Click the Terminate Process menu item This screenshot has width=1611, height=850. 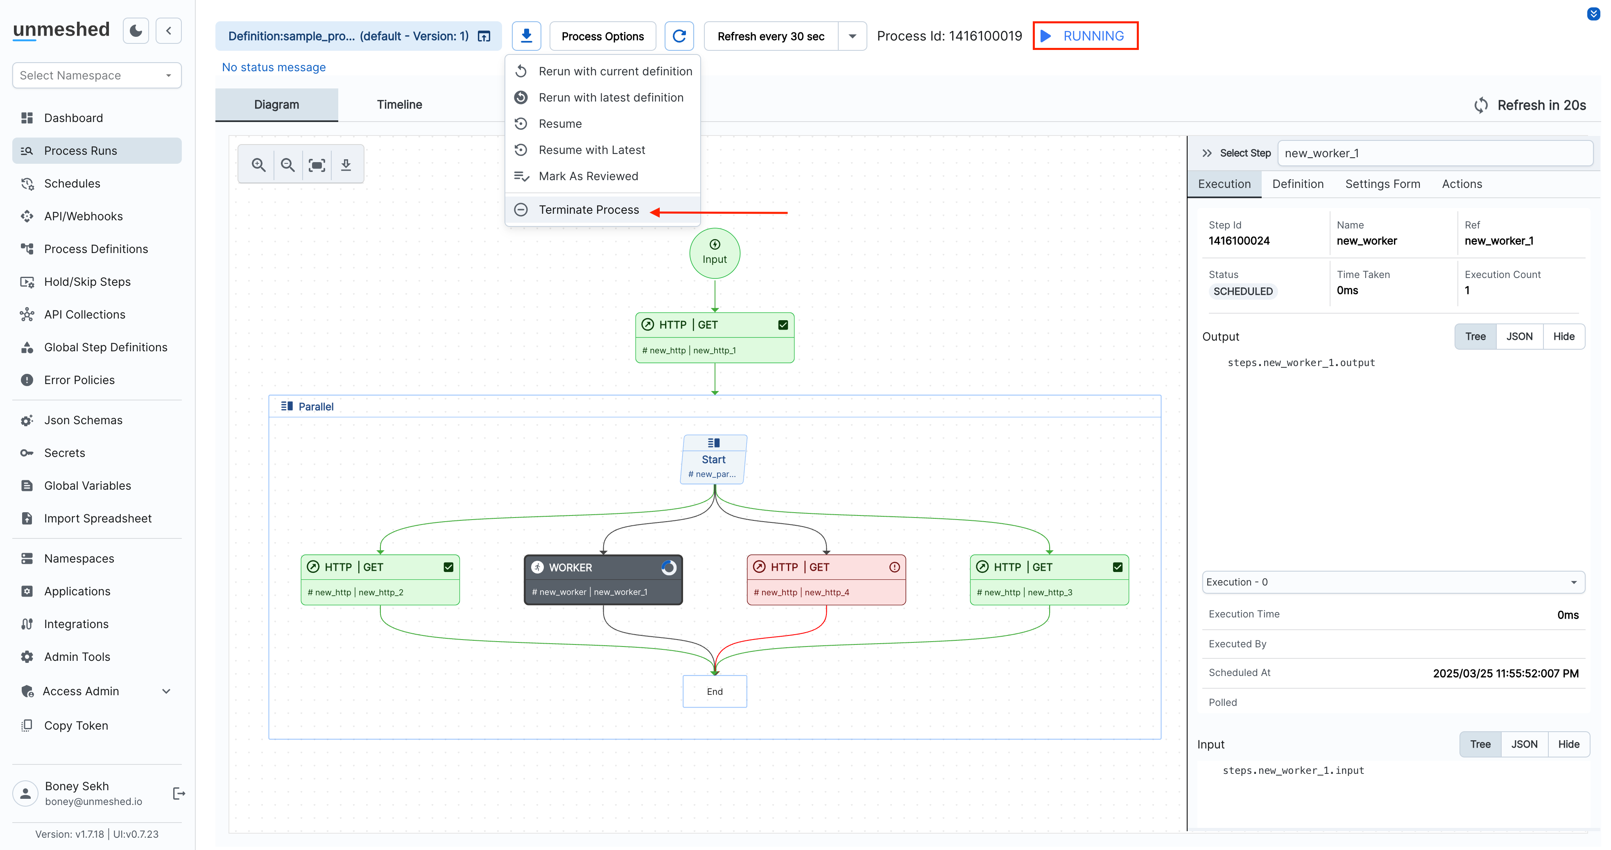pyautogui.click(x=588, y=210)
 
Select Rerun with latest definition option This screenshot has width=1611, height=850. pyautogui.click(x=611, y=97)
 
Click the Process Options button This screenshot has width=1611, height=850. pyautogui.click(x=602, y=36)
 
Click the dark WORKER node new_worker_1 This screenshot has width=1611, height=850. pyautogui.click(x=603, y=580)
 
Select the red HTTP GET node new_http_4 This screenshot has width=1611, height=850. pyautogui.click(x=826, y=580)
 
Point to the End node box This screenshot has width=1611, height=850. pyautogui.click(x=714, y=691)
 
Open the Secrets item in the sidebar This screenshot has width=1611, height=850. pyautogui.click(x=64, y=453)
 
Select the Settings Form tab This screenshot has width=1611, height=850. pyautogui.click(x=1382, y=184)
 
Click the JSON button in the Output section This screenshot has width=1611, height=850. pyautogui.click(x=1518, y=337)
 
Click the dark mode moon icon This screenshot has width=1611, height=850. pyautogui.click(x=136, y=31)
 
